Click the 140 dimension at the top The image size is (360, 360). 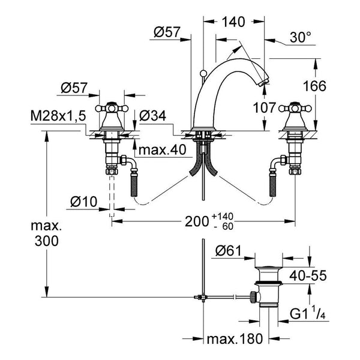(233, 22)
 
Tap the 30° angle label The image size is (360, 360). (301, 37)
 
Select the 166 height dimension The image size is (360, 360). (314, 86)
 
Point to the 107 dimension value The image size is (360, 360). (264, 107)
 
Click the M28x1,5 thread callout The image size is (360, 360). (58, 116)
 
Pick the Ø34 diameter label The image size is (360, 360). (152, 116)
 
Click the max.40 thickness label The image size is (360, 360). (163, 150)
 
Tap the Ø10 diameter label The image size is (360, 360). (84, 202)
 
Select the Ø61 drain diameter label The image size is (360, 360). (229, 251)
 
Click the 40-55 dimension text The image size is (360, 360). (308, 275)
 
